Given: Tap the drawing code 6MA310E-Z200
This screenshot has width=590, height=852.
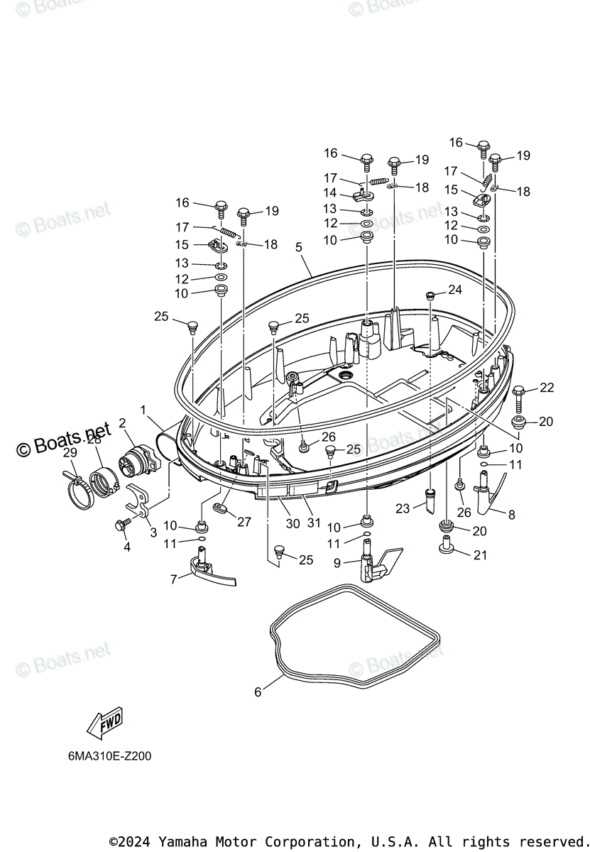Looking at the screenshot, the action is click(x=105, y=756).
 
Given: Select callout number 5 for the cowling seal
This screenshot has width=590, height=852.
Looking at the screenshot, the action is click(x=299, y=247).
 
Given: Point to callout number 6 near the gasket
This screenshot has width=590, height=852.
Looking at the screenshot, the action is click(x=258, y=692).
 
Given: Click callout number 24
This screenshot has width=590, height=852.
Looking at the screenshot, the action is click(x=454, y=290).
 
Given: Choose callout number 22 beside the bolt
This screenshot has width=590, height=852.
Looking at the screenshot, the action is click(x=546, y=388).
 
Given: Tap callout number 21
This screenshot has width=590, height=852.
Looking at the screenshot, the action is click(x=480, y=555).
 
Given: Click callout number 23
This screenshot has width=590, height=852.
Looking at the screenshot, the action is click(x=403, y=508).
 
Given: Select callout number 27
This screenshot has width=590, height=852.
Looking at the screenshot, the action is click(x=244, y=522).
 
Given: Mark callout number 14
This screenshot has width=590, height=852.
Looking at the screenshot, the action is click(x=330, y=192).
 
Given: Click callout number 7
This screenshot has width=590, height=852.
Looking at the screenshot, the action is click(x=174, y=579).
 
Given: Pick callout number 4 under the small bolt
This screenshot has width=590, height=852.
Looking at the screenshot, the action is click(x=127, y=547).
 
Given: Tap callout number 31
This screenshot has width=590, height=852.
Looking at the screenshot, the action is click(x=313, y=523).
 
